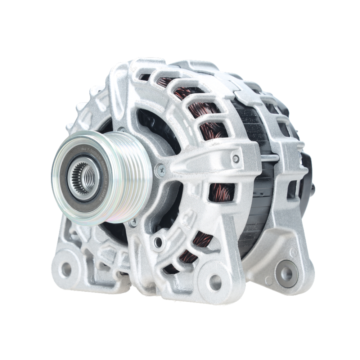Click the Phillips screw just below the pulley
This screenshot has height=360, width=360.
coord(134,222)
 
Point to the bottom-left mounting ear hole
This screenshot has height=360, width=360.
coord(66,269)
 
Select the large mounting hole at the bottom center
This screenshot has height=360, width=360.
coord(215,282)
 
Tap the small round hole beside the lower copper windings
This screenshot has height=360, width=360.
coord(158,242)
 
